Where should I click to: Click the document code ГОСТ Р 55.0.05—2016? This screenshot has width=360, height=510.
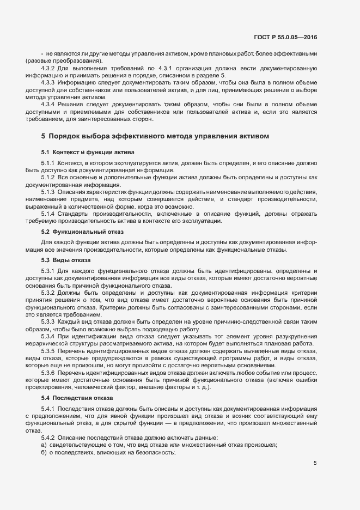[x=285, y=37]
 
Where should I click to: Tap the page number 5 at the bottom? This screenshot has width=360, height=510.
[x=315, y=463]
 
